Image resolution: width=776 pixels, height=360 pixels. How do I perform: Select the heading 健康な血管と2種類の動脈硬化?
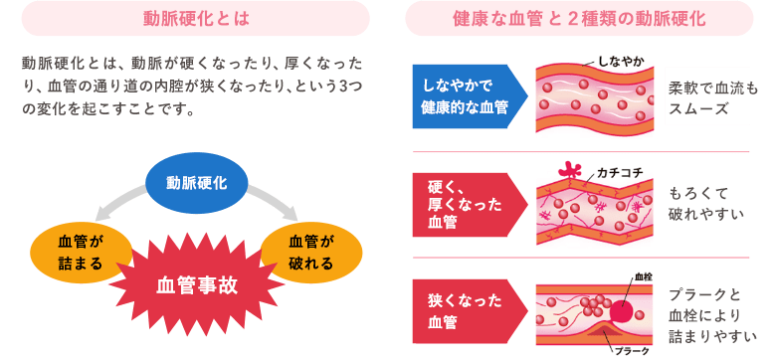(579, 18)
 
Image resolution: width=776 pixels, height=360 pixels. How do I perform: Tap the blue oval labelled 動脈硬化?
(196, 183)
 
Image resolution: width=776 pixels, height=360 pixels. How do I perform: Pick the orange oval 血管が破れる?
(310, 250)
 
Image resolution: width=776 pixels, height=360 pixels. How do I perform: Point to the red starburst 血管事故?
(197, 282)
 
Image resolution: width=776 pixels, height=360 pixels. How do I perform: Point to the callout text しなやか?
(620, 62)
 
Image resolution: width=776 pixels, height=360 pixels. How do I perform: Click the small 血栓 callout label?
(643, 275)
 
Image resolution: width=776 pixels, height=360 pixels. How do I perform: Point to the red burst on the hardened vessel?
(571, 171)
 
